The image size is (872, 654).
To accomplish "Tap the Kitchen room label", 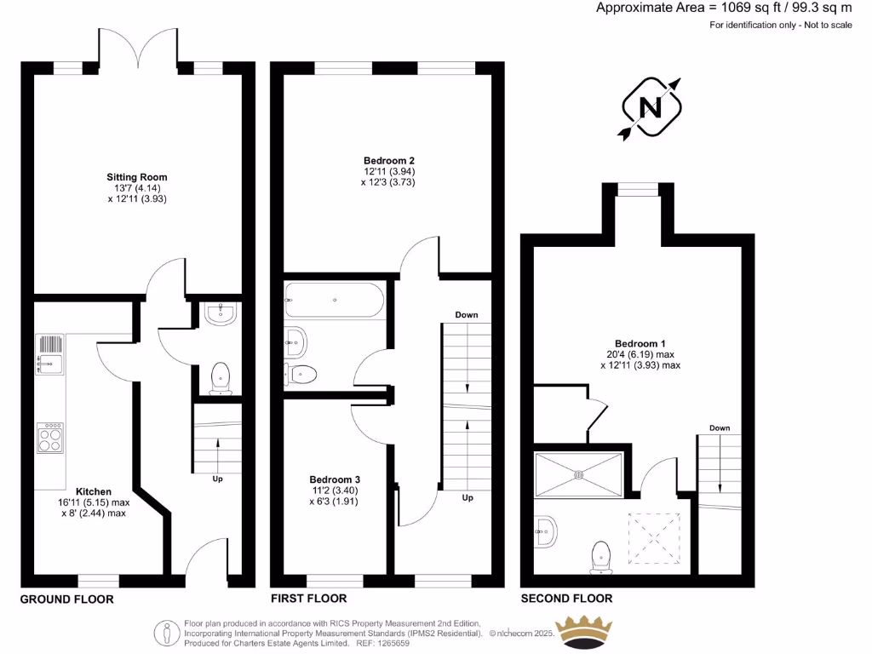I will [94, 491].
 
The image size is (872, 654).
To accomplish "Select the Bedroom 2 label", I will [388, 160].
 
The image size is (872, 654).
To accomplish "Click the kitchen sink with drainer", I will [49, 354].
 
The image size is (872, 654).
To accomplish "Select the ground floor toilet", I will [221, 378].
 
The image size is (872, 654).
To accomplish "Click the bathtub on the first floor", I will [335, 300].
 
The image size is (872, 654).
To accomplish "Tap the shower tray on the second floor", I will [578, 474].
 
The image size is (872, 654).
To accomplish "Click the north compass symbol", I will [651, 107].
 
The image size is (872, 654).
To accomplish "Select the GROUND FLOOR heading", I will [66, 599].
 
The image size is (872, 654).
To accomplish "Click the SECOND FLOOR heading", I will [566, 599].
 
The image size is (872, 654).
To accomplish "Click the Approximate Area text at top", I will [723, 9].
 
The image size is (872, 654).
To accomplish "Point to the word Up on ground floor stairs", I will [218, 479].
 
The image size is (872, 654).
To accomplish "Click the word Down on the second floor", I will [720, 428].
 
